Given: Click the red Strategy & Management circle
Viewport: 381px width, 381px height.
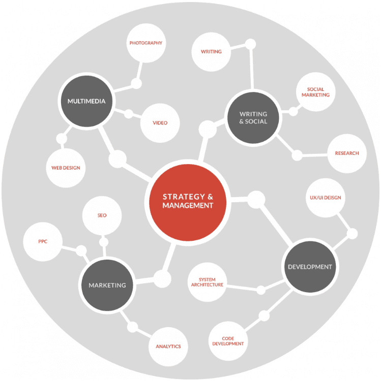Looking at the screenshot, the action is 188,202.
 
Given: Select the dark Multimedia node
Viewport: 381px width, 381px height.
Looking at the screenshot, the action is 86,101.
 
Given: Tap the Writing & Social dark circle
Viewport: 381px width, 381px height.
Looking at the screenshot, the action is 253,118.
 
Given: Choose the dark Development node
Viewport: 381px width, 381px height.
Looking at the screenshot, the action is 310,267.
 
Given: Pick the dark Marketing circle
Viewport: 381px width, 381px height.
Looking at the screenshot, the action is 107,285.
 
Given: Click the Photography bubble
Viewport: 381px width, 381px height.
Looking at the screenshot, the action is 146,43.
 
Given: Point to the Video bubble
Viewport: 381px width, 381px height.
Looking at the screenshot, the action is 160,123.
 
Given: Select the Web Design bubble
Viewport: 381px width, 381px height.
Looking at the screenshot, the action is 66,168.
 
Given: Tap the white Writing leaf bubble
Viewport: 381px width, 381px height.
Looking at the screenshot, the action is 211,52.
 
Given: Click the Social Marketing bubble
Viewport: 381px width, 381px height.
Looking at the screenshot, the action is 315,92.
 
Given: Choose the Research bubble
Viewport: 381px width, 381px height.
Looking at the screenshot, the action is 347,153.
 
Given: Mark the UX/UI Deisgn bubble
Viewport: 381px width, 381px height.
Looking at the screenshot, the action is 325,198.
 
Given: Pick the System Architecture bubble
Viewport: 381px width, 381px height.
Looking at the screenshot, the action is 208,282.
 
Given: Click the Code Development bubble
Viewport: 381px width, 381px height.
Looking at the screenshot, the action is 228,341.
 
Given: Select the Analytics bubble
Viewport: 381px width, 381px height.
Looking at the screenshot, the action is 168,346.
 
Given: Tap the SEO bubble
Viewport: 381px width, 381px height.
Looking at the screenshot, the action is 102,215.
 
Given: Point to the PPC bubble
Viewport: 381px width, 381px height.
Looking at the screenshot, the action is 43,241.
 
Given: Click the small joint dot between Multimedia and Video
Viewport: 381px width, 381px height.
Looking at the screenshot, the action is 129,114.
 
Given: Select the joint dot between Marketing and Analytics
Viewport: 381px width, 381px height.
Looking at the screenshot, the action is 133,327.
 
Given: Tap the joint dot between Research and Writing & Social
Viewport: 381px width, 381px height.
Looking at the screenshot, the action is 297,155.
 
